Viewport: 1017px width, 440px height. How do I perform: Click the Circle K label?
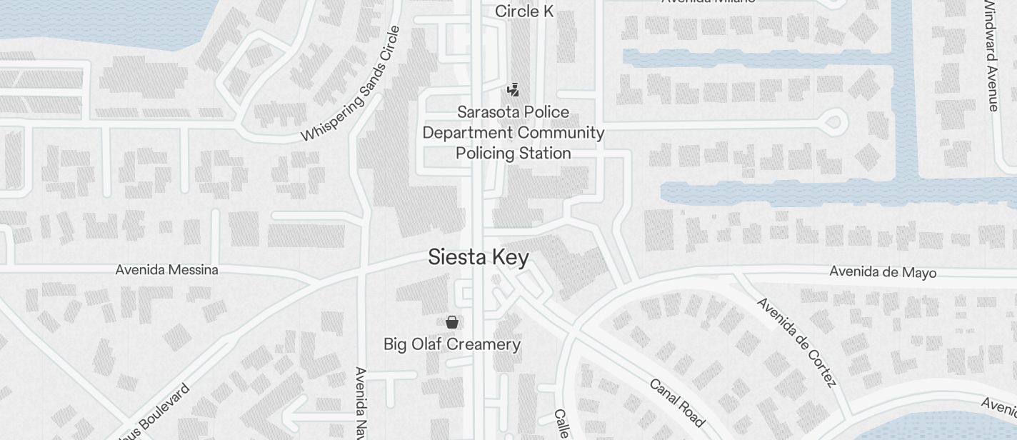click(524, 11)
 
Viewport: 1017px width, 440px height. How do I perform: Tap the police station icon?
click(512, 89)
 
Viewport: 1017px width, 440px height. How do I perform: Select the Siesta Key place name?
click(479, 257)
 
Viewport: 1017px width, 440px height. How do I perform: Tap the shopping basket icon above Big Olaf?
click(451, 322)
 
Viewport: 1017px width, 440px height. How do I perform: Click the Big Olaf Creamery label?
click(452, 344)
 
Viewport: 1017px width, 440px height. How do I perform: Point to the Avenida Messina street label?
click(167, 270)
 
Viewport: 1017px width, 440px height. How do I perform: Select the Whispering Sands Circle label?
click(351, 84)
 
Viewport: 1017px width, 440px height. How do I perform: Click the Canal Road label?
click(677, 402)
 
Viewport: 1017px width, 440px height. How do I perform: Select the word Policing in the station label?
click(486, 154)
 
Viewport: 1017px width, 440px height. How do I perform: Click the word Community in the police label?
click(561, 133)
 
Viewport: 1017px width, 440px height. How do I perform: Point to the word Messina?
click(194, 270)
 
